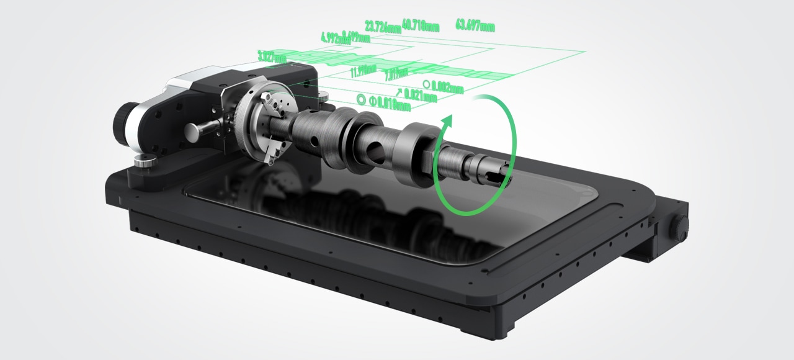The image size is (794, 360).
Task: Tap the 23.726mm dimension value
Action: point(383,27)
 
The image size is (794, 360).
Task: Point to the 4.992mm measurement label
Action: point(335,38)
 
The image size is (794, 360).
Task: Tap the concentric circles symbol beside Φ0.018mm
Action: point(361,99)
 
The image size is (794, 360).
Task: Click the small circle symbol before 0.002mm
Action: point(426,84)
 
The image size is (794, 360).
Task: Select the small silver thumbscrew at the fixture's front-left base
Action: point(144,162)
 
